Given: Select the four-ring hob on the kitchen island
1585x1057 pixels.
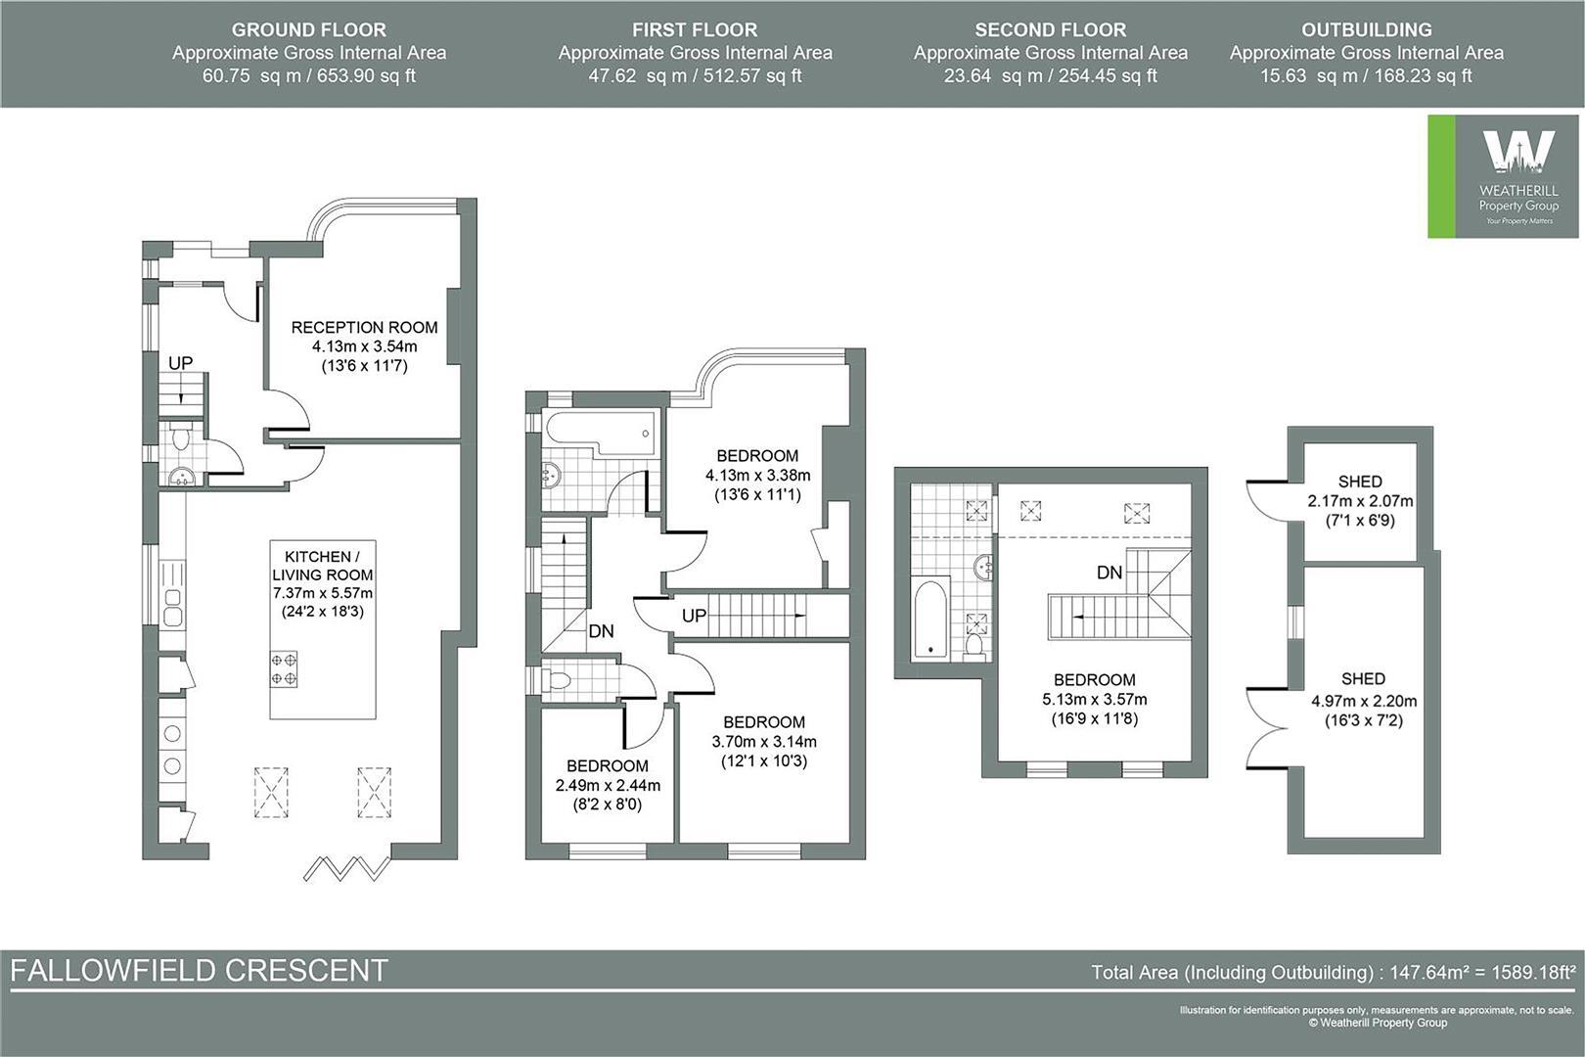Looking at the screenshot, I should [284, 669].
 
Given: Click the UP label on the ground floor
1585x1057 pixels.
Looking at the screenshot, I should [180, 363].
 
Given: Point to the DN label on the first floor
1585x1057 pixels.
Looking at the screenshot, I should [601, 631].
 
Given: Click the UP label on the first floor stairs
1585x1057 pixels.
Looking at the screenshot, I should [694, 616].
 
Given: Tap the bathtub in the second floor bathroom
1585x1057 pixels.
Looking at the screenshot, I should [930, 620].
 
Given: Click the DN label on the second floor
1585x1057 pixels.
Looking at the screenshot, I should [1109, 573].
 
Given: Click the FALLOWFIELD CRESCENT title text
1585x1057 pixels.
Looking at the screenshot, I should [200, 971].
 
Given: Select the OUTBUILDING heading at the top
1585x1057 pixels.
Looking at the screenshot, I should [1366, 29].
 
